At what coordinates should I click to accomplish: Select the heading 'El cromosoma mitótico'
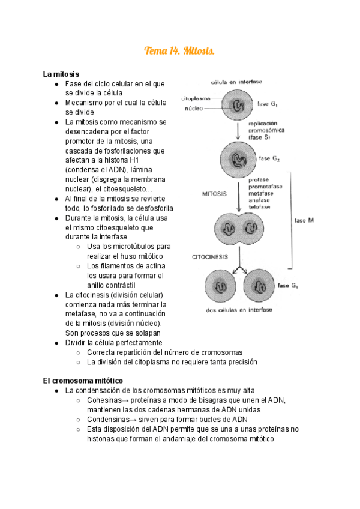[83, 381]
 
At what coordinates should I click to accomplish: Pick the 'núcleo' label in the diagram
[193, 109]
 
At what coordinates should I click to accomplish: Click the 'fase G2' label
[269, 159]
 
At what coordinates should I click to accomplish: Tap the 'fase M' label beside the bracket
[304, 220]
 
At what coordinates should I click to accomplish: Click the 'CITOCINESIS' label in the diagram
[210, 257]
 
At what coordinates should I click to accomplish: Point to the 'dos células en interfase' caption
[238, 310]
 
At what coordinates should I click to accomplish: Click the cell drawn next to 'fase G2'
[239, 160]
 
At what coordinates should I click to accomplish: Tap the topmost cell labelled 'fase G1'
[239, 106]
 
